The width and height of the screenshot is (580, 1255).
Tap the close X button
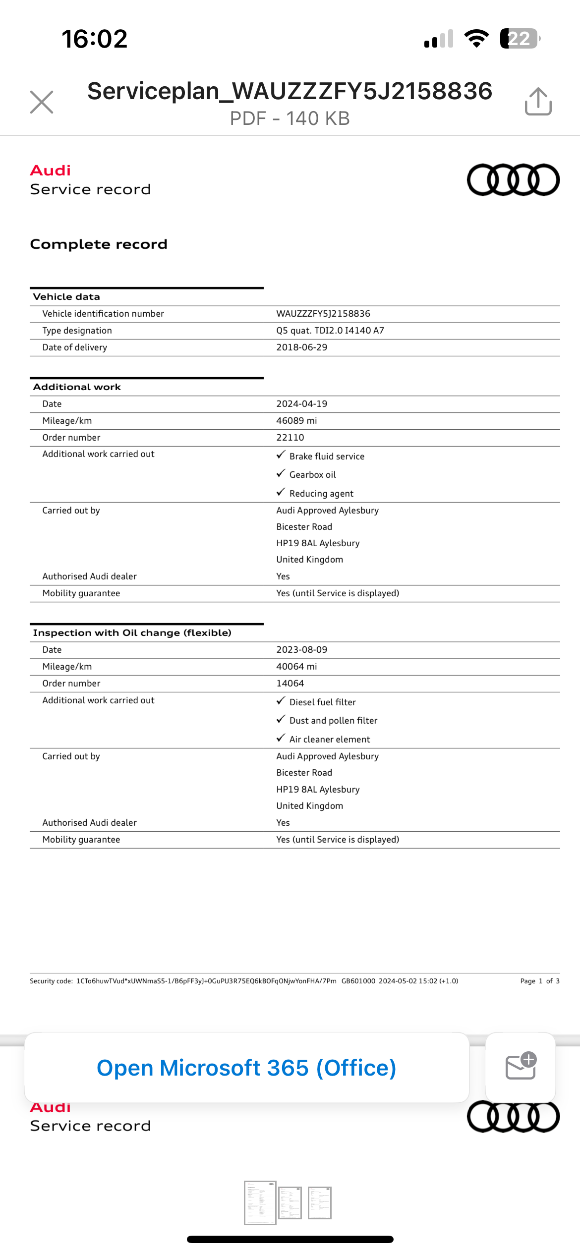(42, 102)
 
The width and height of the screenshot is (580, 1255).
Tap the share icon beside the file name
(538, 102)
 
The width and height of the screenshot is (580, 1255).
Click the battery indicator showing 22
(520, 39)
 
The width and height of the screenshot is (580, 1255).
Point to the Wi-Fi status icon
(476, 39)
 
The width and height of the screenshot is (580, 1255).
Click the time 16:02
(94, 39)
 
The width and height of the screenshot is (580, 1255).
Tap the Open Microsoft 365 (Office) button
(246, 1068)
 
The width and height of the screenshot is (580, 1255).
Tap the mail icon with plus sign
(521, 1067)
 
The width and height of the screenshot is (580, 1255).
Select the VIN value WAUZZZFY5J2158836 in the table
(323, 314)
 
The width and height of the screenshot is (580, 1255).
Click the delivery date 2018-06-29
(301, 347)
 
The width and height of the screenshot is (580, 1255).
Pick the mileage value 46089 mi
(296, 421)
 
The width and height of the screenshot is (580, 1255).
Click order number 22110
(290, 438)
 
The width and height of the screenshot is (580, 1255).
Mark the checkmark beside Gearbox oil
(281, 473)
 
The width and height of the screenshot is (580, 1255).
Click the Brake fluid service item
(327, 456)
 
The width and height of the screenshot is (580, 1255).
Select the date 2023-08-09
(301, 650)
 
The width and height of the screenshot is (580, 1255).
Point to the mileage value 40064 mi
(296, 667)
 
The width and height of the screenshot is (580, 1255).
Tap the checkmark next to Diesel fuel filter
(281, 701)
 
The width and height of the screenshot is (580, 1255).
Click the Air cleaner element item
(330, 740)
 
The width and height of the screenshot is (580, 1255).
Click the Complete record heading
(99, 244)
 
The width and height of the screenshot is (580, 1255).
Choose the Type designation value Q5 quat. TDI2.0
(330, 331)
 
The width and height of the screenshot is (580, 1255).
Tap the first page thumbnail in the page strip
(260, 1202)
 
